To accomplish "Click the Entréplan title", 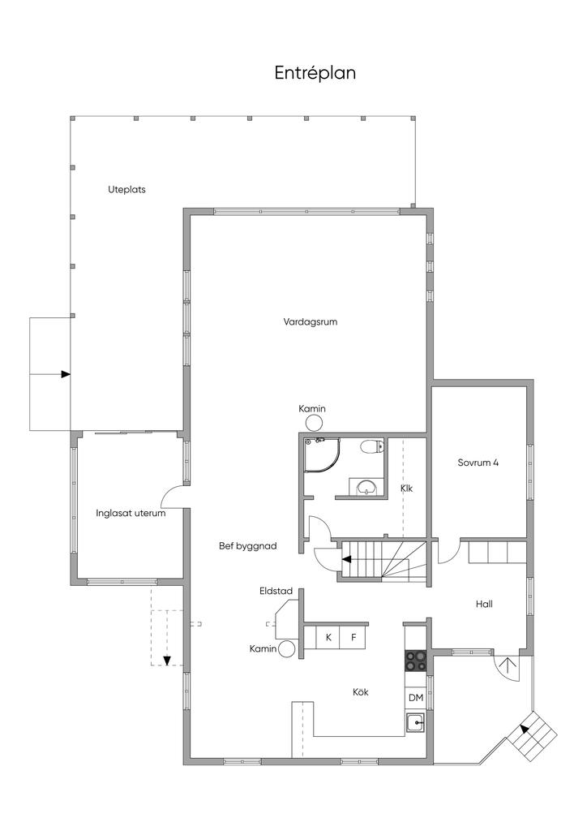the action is coord(315,72).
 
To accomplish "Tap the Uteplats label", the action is coord(126,189).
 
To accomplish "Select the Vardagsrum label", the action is coord(311,321).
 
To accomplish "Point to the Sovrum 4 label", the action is coord(478,462).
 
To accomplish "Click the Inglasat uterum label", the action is coord(131,513).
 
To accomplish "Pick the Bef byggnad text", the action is coord(248,546).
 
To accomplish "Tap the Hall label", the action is coord(484,604).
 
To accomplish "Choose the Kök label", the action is coord(361,691).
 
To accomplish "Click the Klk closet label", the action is coord(406,488).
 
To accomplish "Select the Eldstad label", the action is coord(276,591).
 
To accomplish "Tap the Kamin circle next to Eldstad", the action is coord(287,649).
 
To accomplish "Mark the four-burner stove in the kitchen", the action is coord(416,661).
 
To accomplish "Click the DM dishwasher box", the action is coord(416,698).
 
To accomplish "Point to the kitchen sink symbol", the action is coord(415,723).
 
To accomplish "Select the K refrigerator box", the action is coord(328,637).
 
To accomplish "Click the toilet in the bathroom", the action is coord(371,447).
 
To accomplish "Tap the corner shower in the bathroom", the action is coord(321,454).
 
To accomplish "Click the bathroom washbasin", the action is coord(366,487).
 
